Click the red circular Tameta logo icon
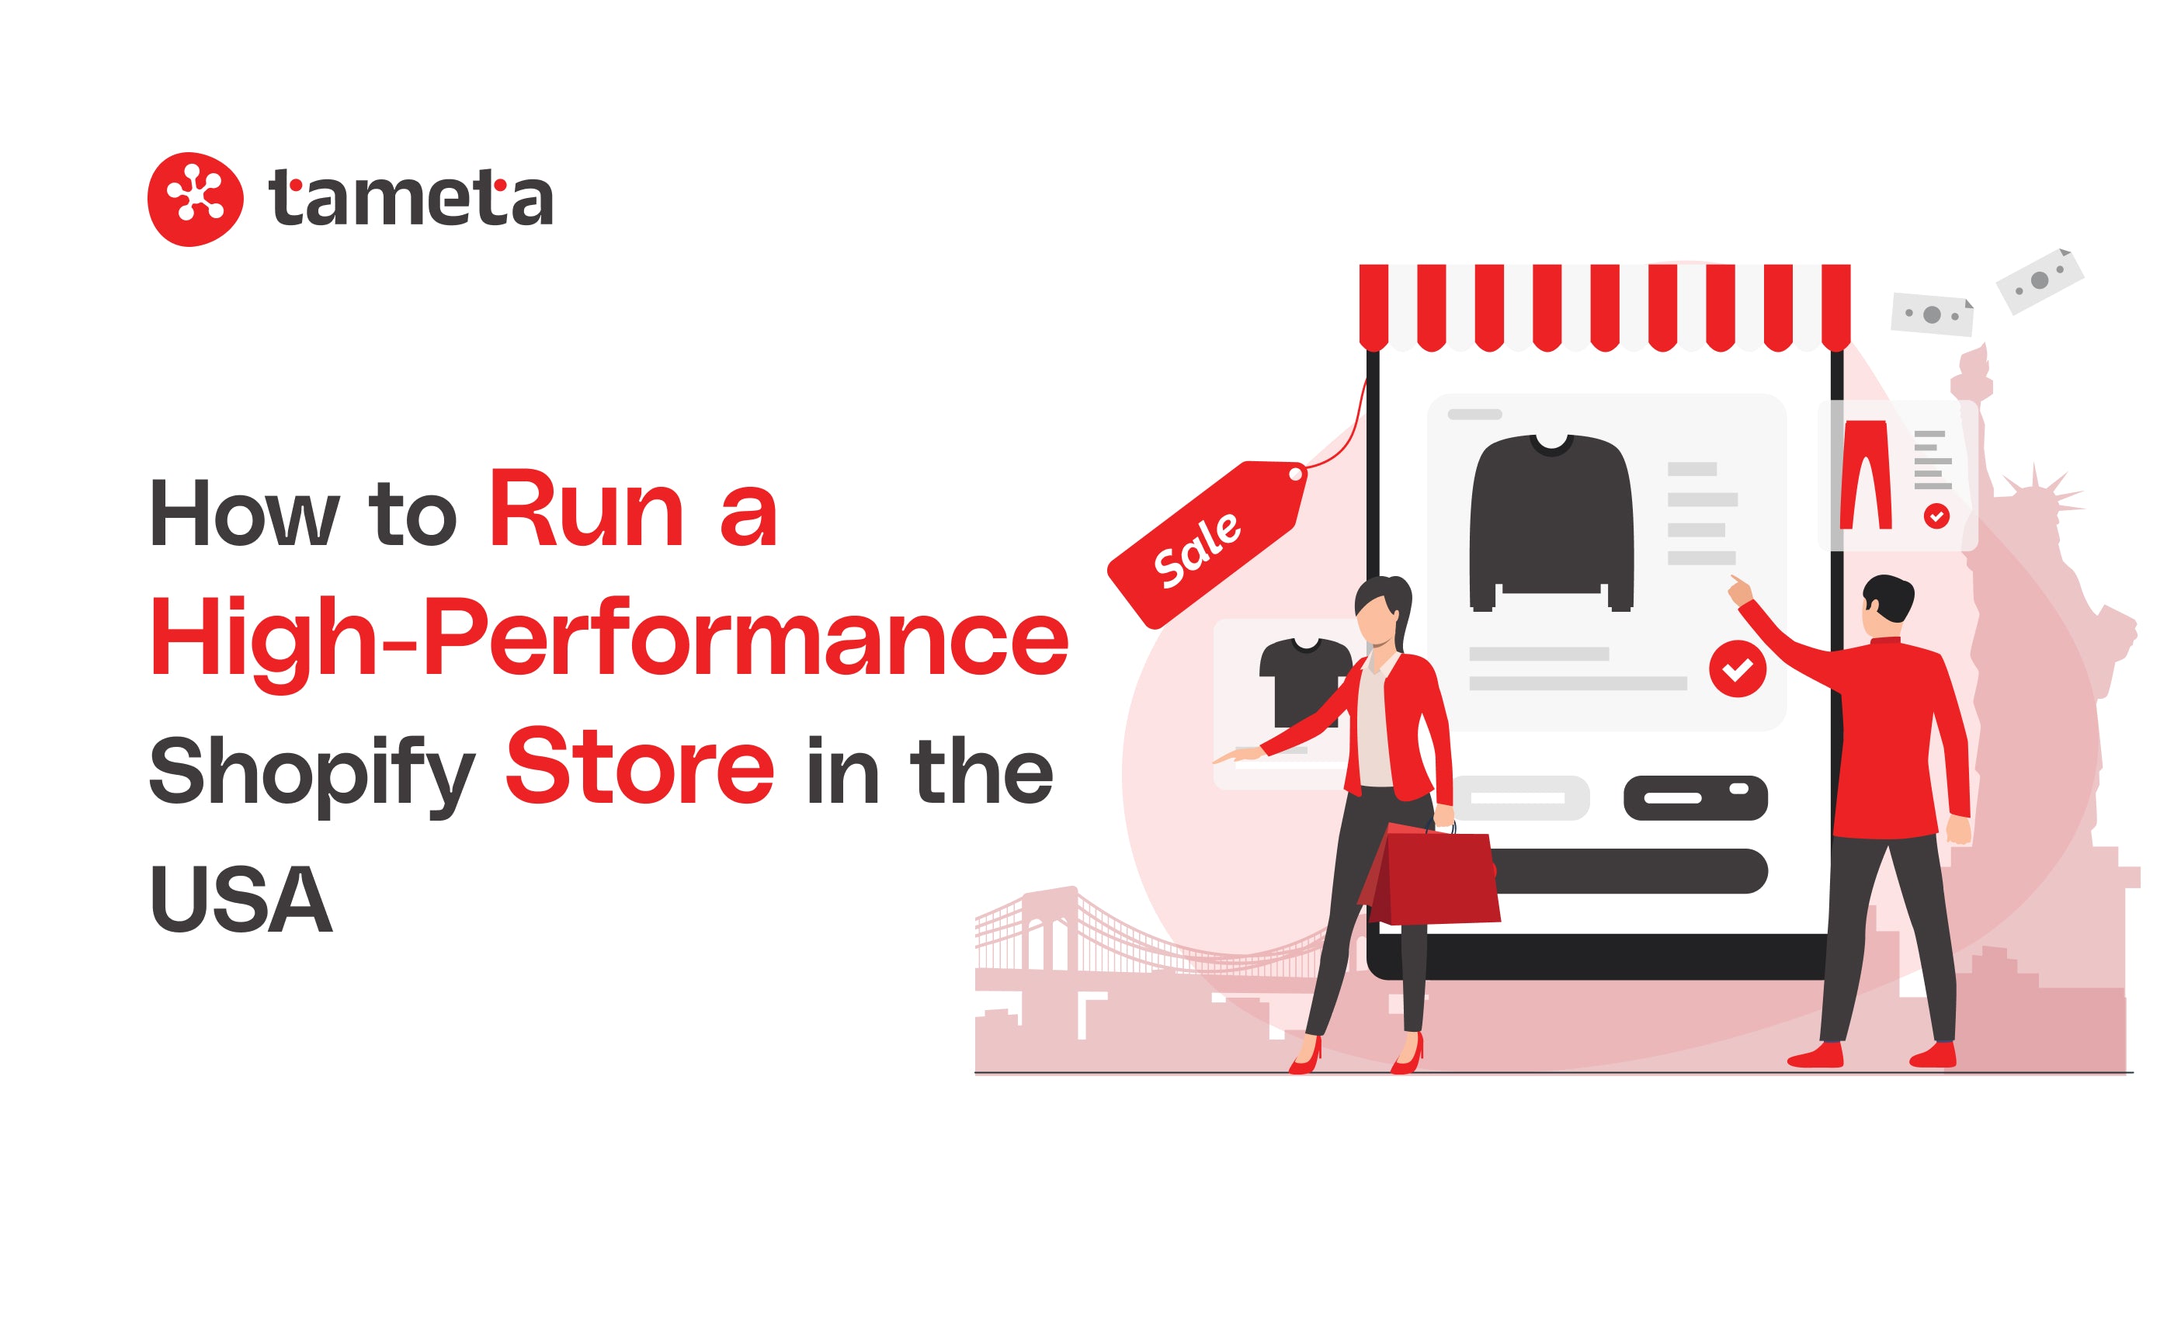(x=195, y=200)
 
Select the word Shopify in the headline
(x=312, y=773)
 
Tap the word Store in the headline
(x=640, y=766)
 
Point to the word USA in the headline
(x=241, y=899)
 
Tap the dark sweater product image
(x=1551, y=523)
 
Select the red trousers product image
(x=1865, y=474)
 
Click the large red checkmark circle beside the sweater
(x=1738, y=669)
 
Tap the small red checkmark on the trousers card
(x=1936, y=516)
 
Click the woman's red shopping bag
(x=1429, y=874)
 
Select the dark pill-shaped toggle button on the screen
(x=1695, y=798)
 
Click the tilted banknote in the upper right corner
(x=2040, y=281)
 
